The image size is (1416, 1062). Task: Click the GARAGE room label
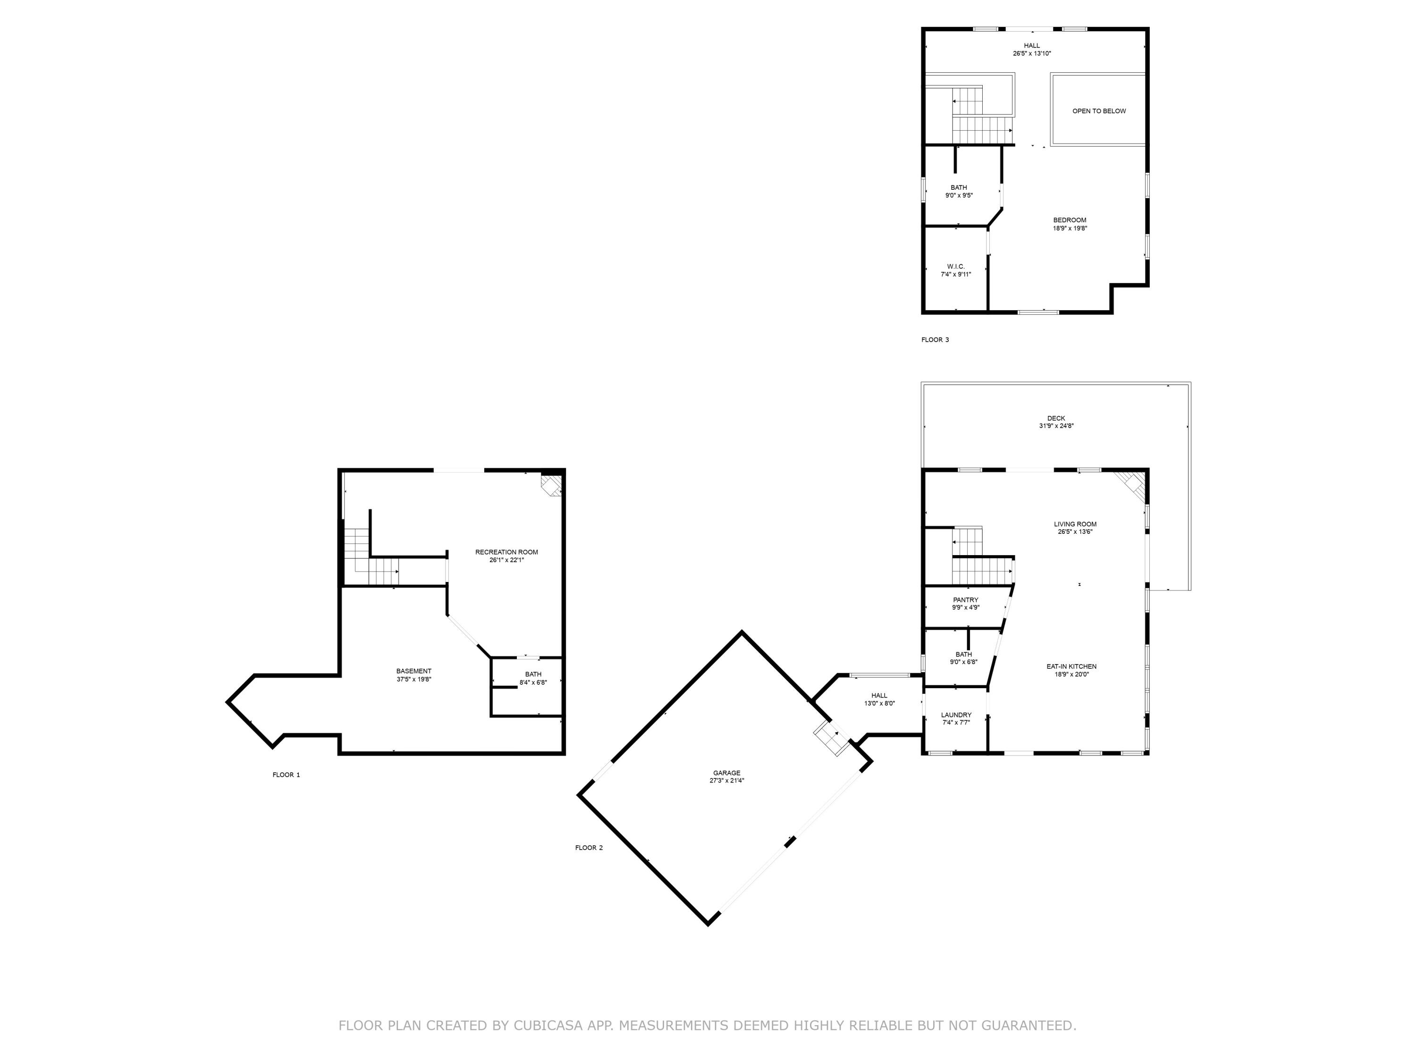(726, 773)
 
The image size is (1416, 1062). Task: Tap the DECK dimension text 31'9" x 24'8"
(1055, 426)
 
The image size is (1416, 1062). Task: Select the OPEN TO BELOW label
(1098, 111)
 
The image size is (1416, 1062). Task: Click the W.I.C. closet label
(956, 266)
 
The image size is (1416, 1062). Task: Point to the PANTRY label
(965, 600)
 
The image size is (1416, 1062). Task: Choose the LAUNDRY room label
(956, 715)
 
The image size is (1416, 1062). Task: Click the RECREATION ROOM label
(506, 552)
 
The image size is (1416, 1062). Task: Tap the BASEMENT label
(413, 671)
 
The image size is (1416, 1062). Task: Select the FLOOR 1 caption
(286, 775)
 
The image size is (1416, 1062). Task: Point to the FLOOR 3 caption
(935, 340)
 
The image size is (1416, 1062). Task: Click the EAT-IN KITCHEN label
(1071, 666)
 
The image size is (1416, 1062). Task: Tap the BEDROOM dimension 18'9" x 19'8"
(1070, 228)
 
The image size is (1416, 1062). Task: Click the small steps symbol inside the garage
(830, 739)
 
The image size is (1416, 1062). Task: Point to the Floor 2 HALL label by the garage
(879, 695)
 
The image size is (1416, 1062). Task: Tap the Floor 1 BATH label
(532, 674)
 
